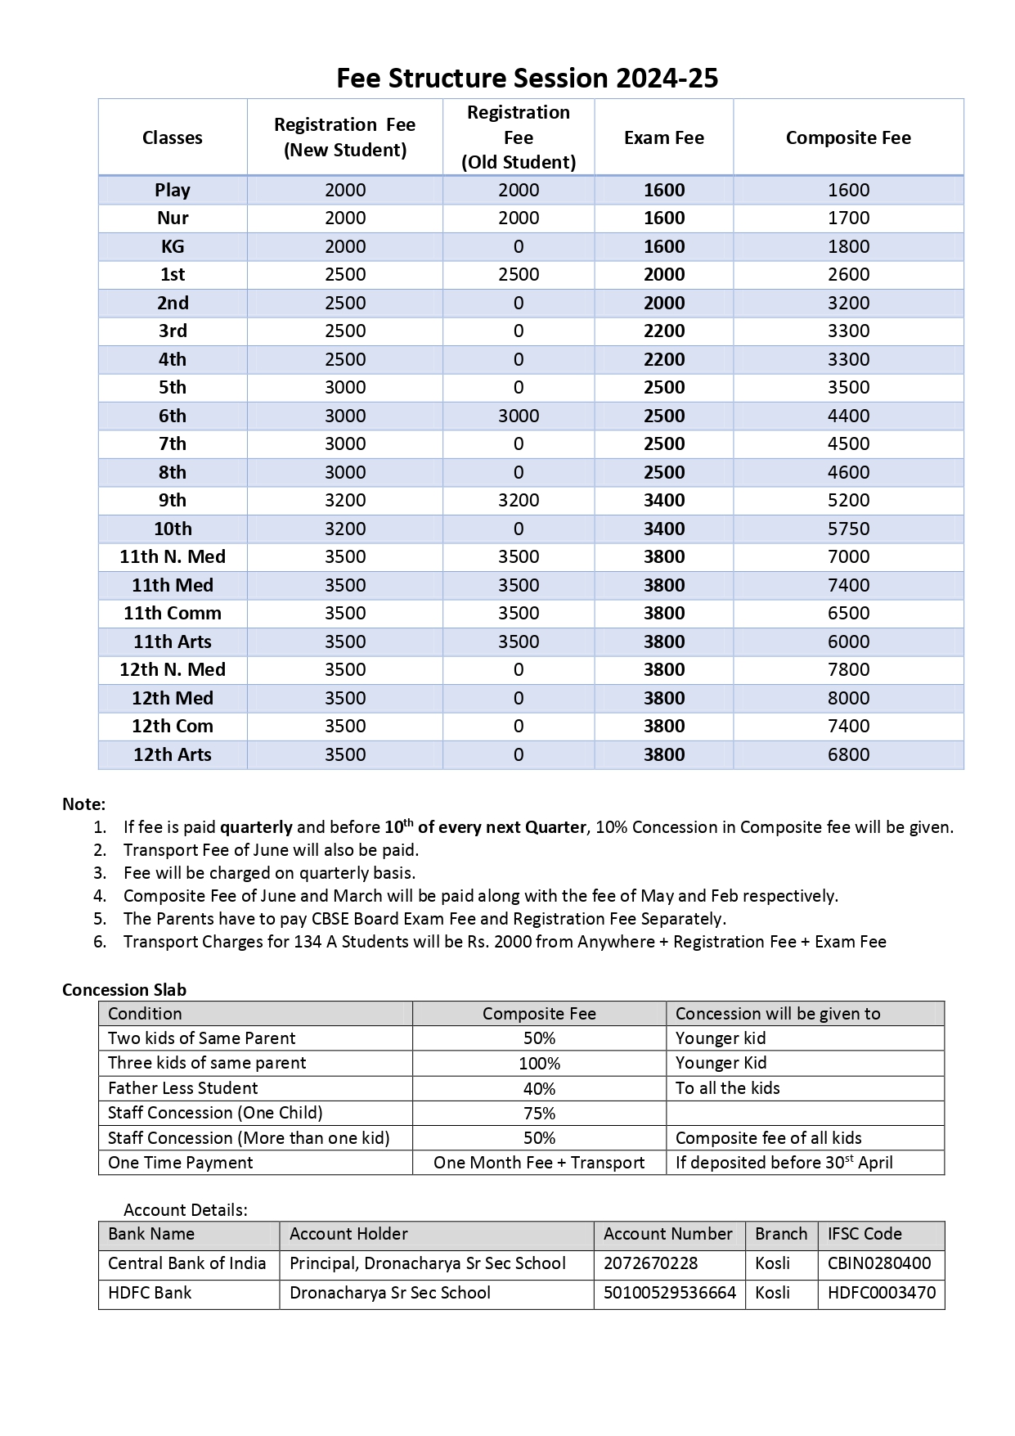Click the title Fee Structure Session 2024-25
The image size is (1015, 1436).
click(x=528, y=79)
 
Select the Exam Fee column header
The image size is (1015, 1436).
click(x=663, y=137)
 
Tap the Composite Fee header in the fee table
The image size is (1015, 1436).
click(x=848, y=137)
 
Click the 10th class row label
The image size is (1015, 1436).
click(x=173, y=529)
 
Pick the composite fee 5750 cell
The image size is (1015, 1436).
click(x=848, y=529)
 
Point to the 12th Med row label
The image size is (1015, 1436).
click(x=173, y=698)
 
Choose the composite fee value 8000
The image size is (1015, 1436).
click(x=848, y=698)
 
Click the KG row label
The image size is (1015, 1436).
click(x=173, y=246)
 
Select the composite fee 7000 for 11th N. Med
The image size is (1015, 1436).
click(x=848, y=556)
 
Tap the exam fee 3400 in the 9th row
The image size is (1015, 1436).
click(x=663, y=500)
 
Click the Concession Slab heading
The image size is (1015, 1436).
click(x=124, y=989)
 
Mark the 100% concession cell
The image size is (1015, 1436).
click(x=539, y=1064)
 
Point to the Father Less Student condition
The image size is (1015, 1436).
click(x=183, y=1088)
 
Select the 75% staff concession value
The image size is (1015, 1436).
click(x=539, y=1114)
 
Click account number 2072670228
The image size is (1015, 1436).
click(x=651, y=1263)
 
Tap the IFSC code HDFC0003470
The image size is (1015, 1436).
click(x=881, y=1293)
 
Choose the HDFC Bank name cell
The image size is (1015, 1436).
click(x=150, y=1293)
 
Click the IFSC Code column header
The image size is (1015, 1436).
click(x=865, y=1234)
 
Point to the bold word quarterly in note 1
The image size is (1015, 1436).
click(x=256, y=827)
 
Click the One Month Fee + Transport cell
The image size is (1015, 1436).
click(x=539, y=1163)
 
